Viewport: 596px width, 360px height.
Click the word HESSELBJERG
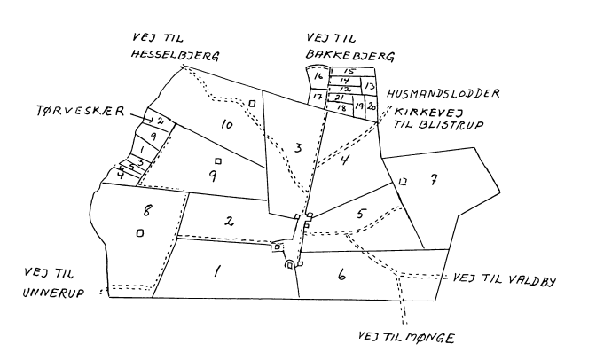coord(176,56)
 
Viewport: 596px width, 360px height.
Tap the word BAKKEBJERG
coord(349,56)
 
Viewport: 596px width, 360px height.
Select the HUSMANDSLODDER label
coord(443,93)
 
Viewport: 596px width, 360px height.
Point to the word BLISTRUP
coord(451,125)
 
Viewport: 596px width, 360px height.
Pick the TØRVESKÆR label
coord(80,111)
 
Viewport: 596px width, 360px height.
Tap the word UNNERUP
coord(53,293)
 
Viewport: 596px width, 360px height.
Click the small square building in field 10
coord(252,104)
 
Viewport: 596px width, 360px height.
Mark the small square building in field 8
coord(140,233)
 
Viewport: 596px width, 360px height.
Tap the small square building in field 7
coord(403,182)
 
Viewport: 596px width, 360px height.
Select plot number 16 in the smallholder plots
coord(318,76)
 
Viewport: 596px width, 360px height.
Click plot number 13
coord(369,86)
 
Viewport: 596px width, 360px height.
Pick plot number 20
coord(371,106)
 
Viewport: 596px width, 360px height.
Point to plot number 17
coord(317,97)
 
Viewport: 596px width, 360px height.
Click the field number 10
coord(226,124)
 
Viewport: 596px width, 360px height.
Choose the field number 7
coord(433,179)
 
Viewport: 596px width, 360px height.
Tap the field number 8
coord(147,210)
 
